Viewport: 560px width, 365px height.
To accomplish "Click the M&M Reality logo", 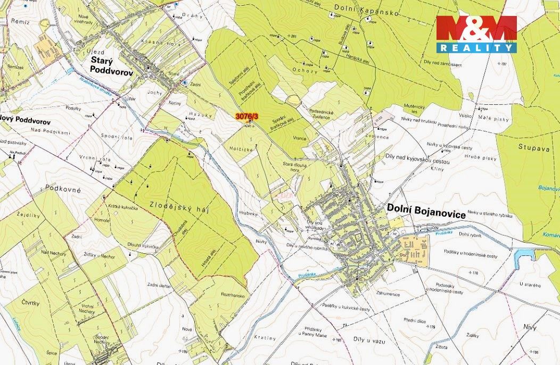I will (476, 34).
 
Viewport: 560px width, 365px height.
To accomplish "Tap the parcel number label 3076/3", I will (247, 116).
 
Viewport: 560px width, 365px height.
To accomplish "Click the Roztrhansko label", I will (232, 295).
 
